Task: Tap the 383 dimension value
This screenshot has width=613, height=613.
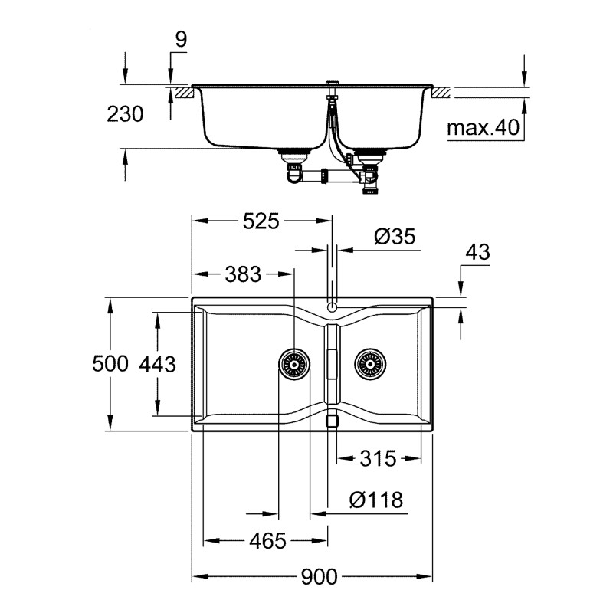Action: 243,274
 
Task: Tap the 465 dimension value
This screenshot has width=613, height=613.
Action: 267,541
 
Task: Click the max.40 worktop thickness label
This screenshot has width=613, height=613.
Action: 483,128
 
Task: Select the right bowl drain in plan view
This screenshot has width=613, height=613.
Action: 369,364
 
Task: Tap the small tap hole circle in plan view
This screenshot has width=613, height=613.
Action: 332,306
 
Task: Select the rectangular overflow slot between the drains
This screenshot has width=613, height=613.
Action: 332,363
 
